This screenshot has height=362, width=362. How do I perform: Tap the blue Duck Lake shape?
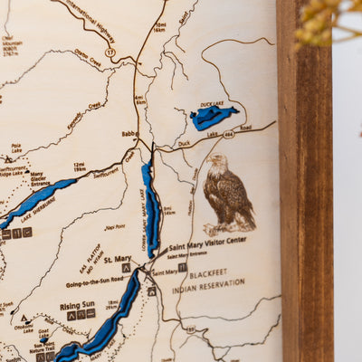[x=214, y=117]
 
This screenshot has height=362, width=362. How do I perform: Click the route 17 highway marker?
[x=110, y=53]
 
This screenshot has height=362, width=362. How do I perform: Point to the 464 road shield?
[x=228, y=134]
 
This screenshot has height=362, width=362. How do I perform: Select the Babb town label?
[x=129, y=134]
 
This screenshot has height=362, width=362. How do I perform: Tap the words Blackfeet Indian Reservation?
[x=208, y=277]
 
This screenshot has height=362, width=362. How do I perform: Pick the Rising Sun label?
[x=78, y=305]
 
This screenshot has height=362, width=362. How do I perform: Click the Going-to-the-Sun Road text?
[x=94, y=283]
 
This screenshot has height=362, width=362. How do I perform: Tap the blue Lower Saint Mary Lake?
[x=151, y=208]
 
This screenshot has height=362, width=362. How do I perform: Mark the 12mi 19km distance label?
[x=80, y=167]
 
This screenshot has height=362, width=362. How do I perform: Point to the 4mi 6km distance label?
[x=140, y=100]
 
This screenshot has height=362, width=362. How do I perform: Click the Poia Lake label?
[x=16, y=147]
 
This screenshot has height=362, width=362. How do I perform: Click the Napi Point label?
[x=114, y=227]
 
